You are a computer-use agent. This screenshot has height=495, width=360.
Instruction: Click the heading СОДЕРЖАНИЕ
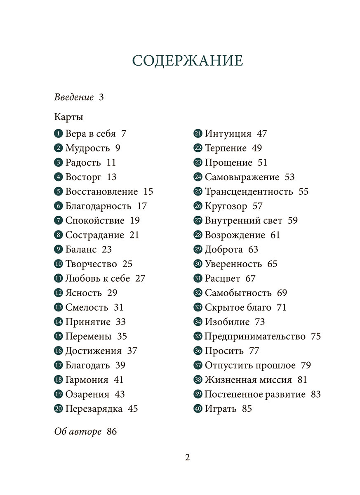(x=188, y=60)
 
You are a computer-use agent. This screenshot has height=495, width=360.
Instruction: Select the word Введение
(x=74, y=98)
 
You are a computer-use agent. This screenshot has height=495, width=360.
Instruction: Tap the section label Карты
(x=68, y=117)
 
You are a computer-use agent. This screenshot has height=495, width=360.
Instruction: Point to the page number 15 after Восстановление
(x=148, y=191)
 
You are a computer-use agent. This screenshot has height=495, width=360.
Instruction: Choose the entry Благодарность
(x=98, y=206)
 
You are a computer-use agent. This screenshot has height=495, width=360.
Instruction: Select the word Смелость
(x=87, y=307)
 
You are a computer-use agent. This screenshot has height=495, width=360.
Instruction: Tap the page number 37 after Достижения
(x=132, y=351)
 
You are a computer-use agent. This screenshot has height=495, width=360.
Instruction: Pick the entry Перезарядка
(x=94, y=409)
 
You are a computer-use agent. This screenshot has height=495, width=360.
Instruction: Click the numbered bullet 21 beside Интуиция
(x=198, y=134)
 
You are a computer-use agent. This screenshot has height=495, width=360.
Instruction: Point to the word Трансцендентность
(x=249, y=191)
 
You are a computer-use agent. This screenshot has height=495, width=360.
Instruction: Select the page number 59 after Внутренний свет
(x=292, y=220)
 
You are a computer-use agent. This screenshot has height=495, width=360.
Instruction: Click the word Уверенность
(x=233, y=264)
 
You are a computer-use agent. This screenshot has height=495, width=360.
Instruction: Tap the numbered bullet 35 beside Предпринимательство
(x=198, y=337)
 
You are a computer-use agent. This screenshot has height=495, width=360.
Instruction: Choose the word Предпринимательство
(x=255, y=337)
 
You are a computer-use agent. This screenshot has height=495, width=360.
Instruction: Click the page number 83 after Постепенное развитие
(x=315, y=394)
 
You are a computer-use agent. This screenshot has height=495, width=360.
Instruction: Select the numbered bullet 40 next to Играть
(x=198, y=409)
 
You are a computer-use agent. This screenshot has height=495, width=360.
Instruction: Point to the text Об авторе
(x=78, y=432)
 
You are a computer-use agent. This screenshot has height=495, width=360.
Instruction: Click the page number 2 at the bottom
(x=187, y=457)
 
